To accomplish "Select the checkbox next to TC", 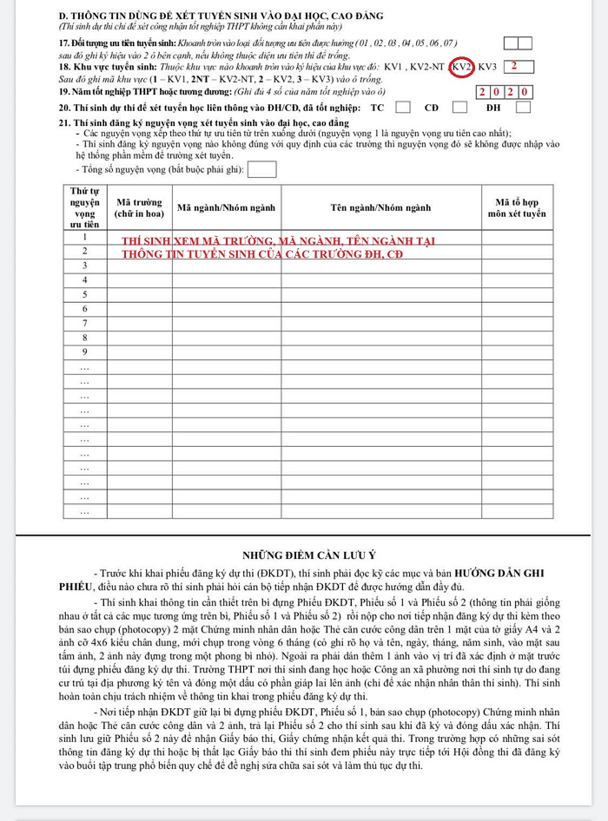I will point(402,108).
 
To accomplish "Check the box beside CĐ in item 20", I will point(460,108).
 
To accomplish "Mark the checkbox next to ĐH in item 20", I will point(523,108).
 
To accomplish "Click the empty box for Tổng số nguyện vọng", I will point(261,169).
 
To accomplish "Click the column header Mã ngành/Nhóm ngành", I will point(227,207).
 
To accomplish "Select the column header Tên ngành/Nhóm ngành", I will point(380,207).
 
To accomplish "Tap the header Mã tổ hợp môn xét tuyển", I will point(516,207).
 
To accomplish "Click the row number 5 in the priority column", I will point(85,294).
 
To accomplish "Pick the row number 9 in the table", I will point(85,351).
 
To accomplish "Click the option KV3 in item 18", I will point(487,67).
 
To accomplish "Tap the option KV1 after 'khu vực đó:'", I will point(404,67).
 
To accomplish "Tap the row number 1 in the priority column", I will point(85,237).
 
